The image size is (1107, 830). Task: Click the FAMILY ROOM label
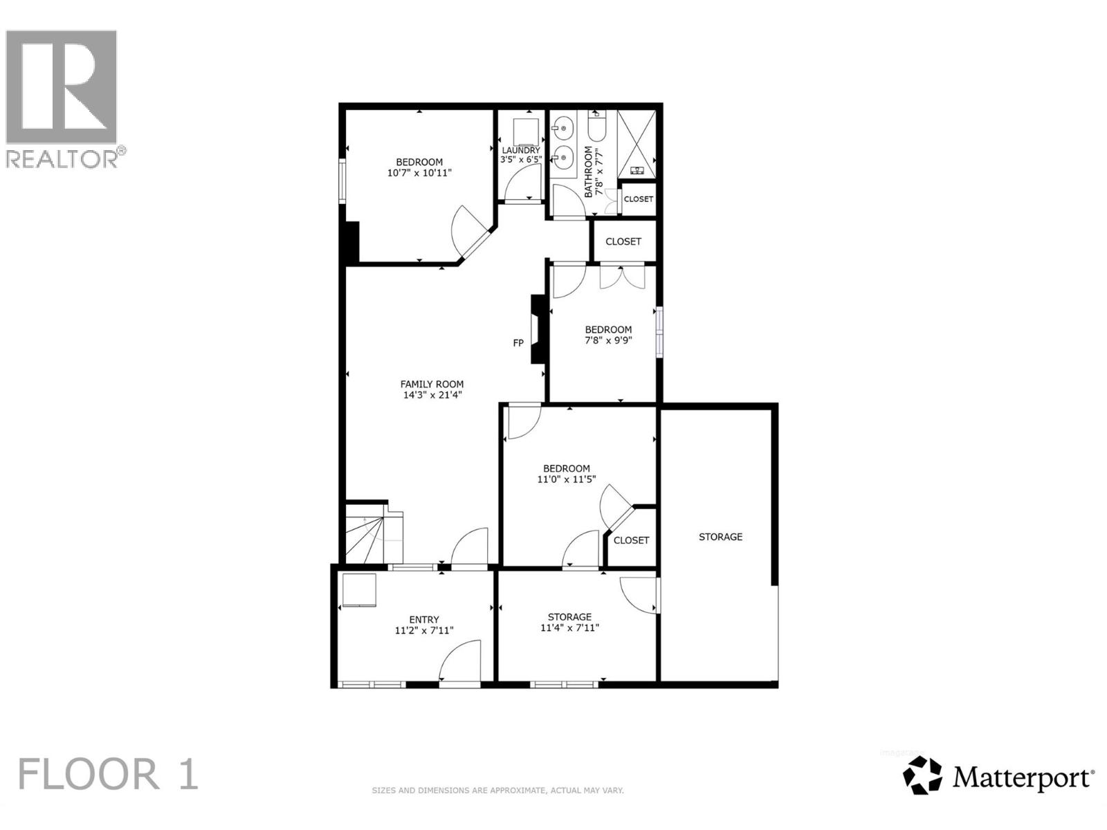pyautogui.click(x=432, y=385)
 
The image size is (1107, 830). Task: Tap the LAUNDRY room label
pyautogui.click(x=520, y=150)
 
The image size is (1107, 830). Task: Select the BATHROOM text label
pyautogui.click(x=589, y=172)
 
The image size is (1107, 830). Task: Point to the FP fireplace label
pyautogui.click(x=518, y=343)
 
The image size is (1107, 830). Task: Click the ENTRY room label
pyautogui.click(x=423, y=620)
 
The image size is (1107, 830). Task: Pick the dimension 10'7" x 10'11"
pyautogui.click(x=419, y=173)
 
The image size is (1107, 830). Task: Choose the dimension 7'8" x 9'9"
pyautogui.click(x=608, y=340)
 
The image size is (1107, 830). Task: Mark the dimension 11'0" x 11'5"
pyautogui.click(x=566, y=479)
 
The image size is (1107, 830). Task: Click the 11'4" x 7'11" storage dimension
pyautogui.click(x=569, y=628)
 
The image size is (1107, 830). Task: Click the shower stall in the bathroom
pyautogui.click(x=635, y=144)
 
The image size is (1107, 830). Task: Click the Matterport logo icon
pyautogui.click(x=922, y=775)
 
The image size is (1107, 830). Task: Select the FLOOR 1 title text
pyautogui.click(x=108, y=774)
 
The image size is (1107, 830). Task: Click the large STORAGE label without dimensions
pyautogui.click(x=720, y=537)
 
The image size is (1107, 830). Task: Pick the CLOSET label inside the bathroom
pyautogui.click(x=638, y=199)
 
